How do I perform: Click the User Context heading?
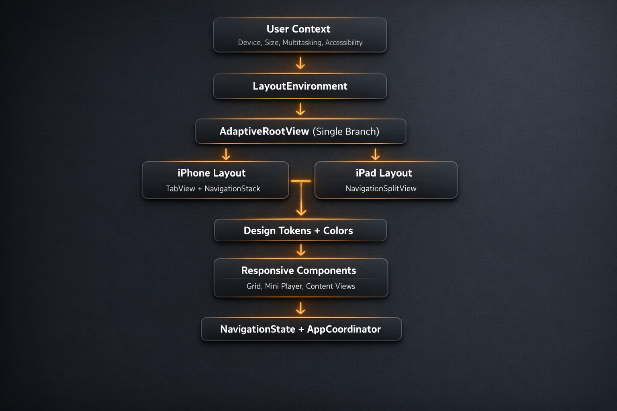pyautogui.click(x=298, y=29)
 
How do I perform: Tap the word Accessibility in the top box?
pyautogui.click(x=344, y=43)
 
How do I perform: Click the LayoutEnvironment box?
pyautogui.click(x=300, y=86)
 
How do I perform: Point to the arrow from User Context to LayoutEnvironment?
pyautogui.click(x=300, y=63)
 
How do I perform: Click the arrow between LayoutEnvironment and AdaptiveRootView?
pyautogui.click(x=300, y=109)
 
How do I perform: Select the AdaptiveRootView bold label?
pyautogui.click(x=264, y=131)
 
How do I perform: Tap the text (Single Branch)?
pyautogui.click(x=346, y=131)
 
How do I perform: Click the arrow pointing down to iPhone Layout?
pyautogui.click(x=226, y=154)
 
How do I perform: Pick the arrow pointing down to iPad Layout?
pyautogui.click(x=376, y=154)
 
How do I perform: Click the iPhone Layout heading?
pyautogui.click(x=212, y=173)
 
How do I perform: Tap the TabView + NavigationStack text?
pyautogui.click(x=213, y=189)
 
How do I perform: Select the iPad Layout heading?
pyautogui.click(x=384, y=173)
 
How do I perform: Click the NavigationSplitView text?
pyautogui.click(x=381, y=189)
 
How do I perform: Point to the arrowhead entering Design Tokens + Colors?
pyautogui.click(x=301, y=211)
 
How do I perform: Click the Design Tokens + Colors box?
pyautogui.click(x=298, y=231)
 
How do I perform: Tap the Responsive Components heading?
pyautogui.click(x=298, y=271)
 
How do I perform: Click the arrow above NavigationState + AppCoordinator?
pyautogui.click(x=300, y=308)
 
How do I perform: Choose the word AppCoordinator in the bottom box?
pyautogui.click(x=344, y=329)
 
